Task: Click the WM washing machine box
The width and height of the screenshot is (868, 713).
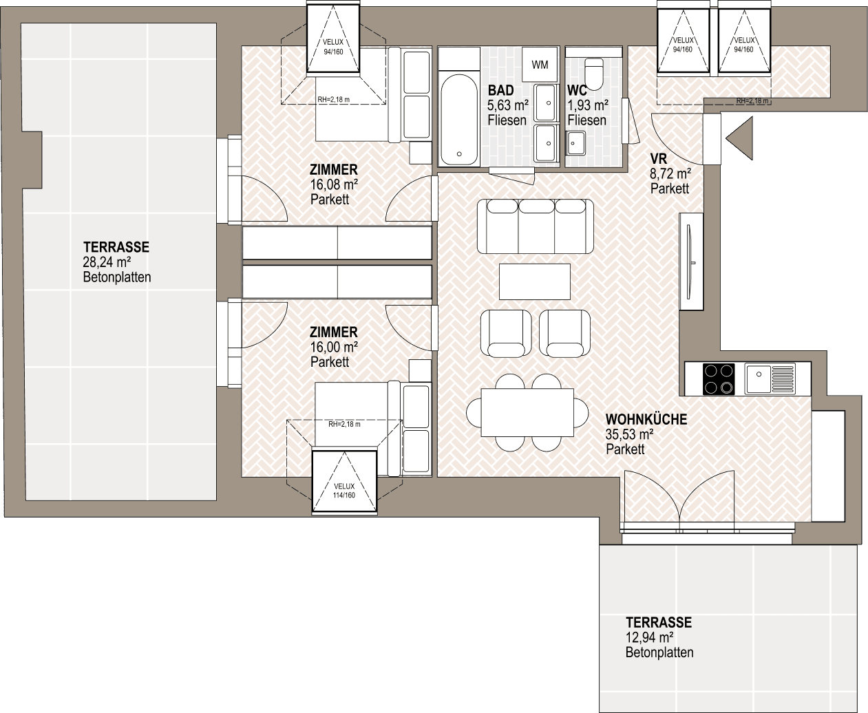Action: coord(540,65)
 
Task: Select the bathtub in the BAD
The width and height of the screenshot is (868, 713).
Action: coord(459,119)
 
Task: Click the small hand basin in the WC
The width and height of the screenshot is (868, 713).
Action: coord(575,143)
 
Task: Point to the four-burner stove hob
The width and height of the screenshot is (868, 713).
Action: coord(719,379)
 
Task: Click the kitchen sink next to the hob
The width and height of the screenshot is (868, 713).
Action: coord(770,379)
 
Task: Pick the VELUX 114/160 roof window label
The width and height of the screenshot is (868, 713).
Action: coord(344,491)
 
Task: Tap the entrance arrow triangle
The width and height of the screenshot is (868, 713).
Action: coord(739,138)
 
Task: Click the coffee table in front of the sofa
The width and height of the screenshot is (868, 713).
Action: coord(535,281)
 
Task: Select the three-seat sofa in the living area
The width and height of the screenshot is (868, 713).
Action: coord(535,226)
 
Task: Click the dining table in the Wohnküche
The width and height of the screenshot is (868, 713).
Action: coord(527,413)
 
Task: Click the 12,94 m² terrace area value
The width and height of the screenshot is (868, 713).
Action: coord(650,637)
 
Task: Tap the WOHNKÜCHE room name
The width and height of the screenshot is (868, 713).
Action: coord(646,419)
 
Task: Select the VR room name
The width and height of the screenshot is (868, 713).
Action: coord(659,158)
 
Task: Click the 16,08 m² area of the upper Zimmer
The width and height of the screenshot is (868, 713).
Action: coord(334,184)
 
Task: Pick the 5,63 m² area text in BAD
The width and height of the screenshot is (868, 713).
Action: coord(508,105)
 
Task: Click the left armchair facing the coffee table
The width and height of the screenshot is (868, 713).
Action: coord(506,333)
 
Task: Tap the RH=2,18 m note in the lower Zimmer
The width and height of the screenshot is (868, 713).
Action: coord(344,424)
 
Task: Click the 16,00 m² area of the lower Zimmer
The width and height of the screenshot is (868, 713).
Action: coord(334,348)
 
